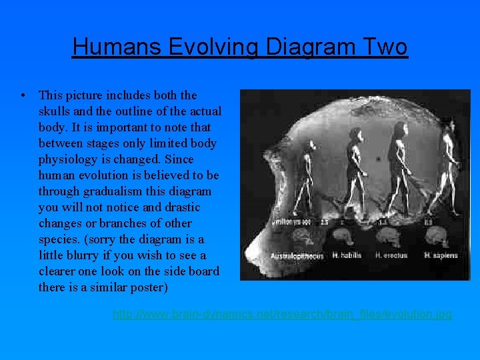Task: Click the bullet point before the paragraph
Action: pos(23,96)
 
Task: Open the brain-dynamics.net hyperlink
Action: pos(282,313)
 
